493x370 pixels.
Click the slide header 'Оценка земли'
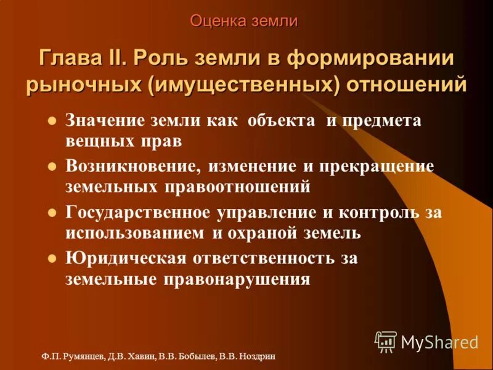(x=244, y=21)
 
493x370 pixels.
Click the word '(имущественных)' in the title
(x=245, y=84)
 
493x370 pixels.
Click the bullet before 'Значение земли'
(x=52, y=120)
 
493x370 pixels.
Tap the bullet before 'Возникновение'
(x=52, y=166)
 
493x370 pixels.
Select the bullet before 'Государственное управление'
(x=52, y=213)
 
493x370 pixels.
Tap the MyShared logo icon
(x=386, y=341)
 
